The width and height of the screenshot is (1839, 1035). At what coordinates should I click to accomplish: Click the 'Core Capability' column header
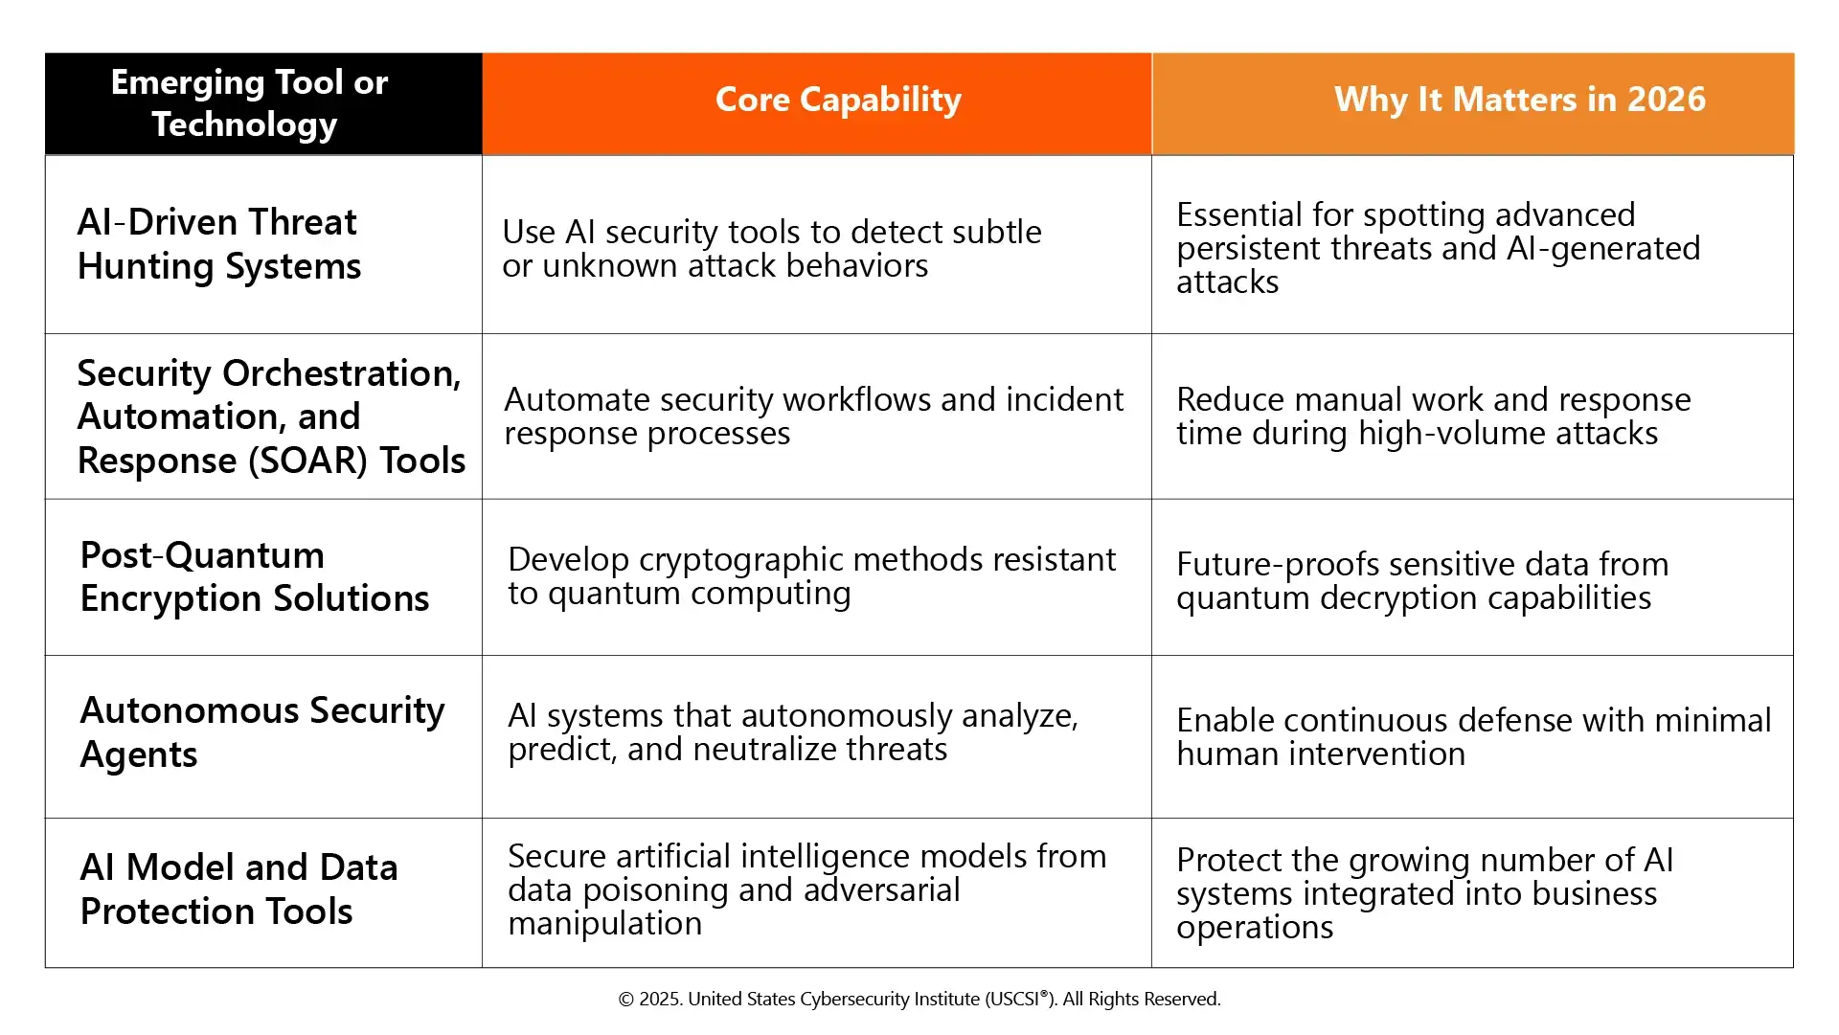click(x=838, y=100)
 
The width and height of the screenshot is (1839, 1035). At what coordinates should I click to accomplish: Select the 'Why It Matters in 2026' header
click(x=1520, y=100)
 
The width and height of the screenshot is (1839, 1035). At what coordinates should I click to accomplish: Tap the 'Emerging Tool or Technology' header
click(x=249, y=103)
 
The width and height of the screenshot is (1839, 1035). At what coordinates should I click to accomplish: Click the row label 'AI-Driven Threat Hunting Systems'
click(x=219, y=244)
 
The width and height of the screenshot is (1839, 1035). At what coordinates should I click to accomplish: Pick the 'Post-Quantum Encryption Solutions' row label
click(x=255, y=576)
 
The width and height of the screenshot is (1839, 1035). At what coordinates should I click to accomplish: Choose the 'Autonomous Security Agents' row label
click(x=262, y=732)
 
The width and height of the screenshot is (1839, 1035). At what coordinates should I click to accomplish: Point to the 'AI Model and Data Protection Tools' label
click(x=239, y=889)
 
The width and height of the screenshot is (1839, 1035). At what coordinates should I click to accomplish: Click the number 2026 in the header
click(x=1667, y=100)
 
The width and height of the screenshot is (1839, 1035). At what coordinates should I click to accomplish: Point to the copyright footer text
click(x=919, y=1000)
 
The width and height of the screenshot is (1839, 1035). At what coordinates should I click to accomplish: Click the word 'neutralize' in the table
click(x=820, y=750)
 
